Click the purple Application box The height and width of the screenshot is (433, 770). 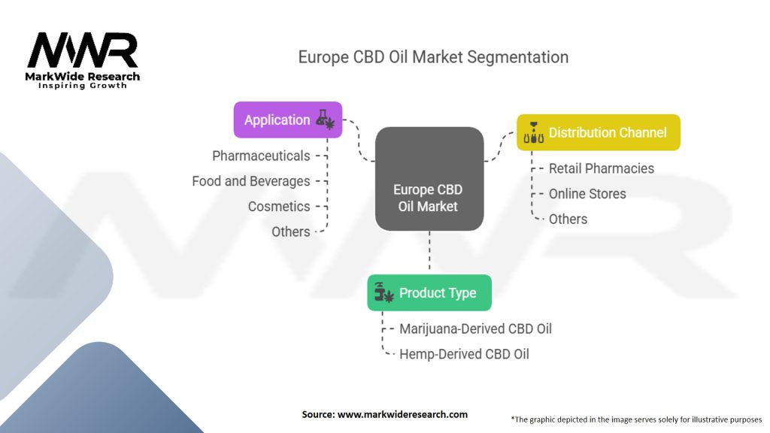(x=288, y=120)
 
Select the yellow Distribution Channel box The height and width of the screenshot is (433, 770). (x=599, y=132)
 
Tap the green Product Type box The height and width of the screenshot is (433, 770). (x=429, y=292)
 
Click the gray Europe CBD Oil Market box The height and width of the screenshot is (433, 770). (x=429, y=179)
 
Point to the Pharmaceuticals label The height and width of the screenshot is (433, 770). (x=261, y=156)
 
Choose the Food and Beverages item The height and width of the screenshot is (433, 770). (x=251, y=181)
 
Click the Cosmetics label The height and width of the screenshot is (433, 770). (x=279, y=207)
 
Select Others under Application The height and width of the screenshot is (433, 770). (x=291, y=232)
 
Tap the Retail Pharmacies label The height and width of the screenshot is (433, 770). (x=602, y=168)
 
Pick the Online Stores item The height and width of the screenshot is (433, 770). (x=587, y=194)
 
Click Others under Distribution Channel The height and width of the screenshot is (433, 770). (x=568, y=219)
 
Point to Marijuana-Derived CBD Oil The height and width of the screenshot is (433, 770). (x=475, y=329)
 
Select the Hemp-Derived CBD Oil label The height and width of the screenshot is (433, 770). (x=464, y=354)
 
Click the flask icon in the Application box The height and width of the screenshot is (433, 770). (x=325, y=120)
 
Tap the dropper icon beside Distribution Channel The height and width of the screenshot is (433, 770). (x=533, y=132)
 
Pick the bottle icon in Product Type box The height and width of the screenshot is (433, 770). (x=384, y=292)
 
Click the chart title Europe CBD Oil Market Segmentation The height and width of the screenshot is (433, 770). (x=433, y=57)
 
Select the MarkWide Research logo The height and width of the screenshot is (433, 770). (x=83, y=60)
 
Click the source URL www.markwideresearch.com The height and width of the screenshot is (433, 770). (x=402, y=414)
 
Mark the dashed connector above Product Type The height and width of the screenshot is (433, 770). (x=429, y=253)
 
